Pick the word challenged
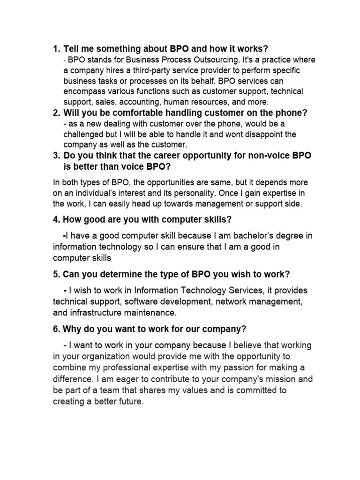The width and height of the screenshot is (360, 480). [84, 134]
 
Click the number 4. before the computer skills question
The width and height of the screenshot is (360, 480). [56, 219]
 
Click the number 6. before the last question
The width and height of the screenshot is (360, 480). [56, 328]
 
